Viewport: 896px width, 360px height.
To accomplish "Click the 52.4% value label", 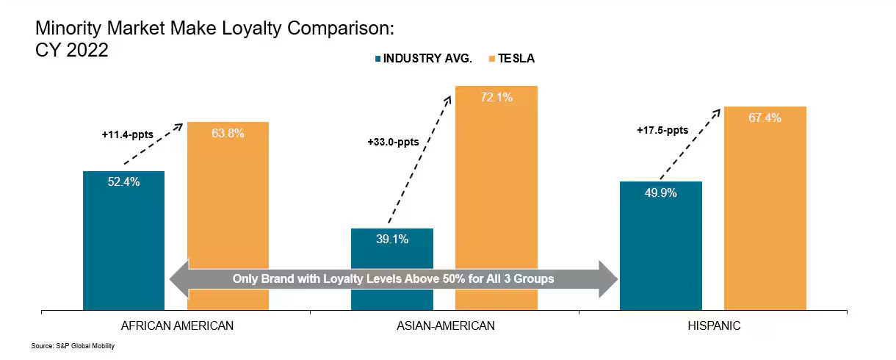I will (x=123, y=182).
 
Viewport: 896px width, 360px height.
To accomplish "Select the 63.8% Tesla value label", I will (x=228, y=133).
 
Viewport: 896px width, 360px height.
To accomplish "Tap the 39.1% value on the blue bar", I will (x=392, y=239).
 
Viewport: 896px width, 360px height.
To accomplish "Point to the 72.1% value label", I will (x=496, y=97).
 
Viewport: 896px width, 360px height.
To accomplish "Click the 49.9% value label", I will (x=661, y=192).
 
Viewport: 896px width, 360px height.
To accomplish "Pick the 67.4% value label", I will (x=765, y=118).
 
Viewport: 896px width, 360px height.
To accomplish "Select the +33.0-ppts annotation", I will (x=393, y=142).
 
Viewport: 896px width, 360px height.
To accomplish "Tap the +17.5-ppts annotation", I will (x=662, y=130).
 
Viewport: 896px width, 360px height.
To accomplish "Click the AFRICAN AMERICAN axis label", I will (x=176, y=325).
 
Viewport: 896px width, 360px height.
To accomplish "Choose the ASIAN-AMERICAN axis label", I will (x=444, y=325).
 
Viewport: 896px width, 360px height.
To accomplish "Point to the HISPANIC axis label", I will (x=713, y=325).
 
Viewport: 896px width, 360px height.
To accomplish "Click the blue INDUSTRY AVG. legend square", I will (x=377, y=58).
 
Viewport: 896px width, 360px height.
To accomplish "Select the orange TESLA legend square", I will (x=491, y=58).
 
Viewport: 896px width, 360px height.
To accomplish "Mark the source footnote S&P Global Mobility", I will (x=73, y=346).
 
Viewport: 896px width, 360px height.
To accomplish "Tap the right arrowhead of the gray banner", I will (x=610, y=278).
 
